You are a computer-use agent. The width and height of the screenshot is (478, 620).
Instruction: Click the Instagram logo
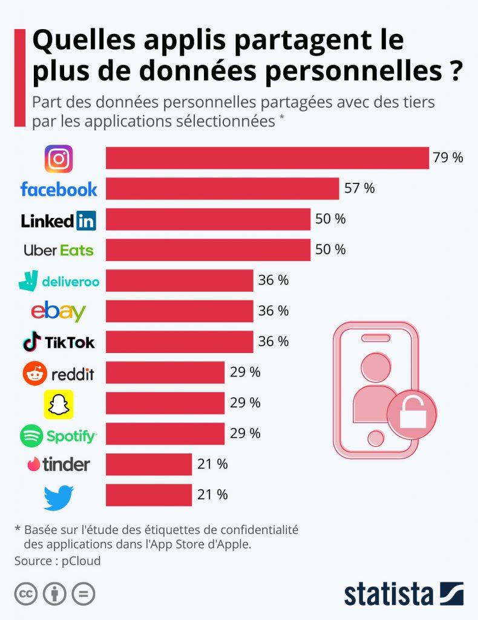coord(59,159)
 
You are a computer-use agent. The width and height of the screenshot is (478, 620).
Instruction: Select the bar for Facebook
coord(222,189)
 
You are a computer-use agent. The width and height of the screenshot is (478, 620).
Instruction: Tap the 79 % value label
coord(448,158)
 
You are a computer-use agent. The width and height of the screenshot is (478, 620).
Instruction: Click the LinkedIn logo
coord(59,220)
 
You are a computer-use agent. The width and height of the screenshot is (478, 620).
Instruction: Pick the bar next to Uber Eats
coord(208,250)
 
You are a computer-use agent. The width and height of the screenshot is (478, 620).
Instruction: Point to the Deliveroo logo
coord(59,281)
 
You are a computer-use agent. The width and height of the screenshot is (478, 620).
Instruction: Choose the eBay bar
coord(179,312)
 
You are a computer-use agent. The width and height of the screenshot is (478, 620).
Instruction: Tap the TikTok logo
coord(59,343)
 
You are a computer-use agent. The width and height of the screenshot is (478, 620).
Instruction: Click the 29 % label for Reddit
coord(245,372)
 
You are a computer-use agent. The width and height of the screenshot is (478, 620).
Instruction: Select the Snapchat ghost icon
coord(59,404)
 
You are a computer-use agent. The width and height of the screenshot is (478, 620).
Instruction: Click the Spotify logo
coord(59,435)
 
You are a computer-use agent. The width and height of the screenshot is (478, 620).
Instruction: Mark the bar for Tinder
coord(149,465)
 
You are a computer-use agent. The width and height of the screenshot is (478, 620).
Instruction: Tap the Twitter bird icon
coord(59,496)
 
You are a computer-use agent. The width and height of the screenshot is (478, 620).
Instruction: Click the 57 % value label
coord(359,188)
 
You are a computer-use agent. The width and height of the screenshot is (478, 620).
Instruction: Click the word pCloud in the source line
coord(80,561)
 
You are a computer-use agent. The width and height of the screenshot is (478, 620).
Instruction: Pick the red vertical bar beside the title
coord(19,77)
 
